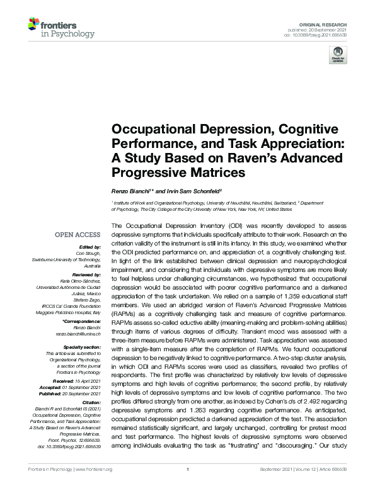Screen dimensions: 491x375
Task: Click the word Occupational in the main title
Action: [x=149, y=130]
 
